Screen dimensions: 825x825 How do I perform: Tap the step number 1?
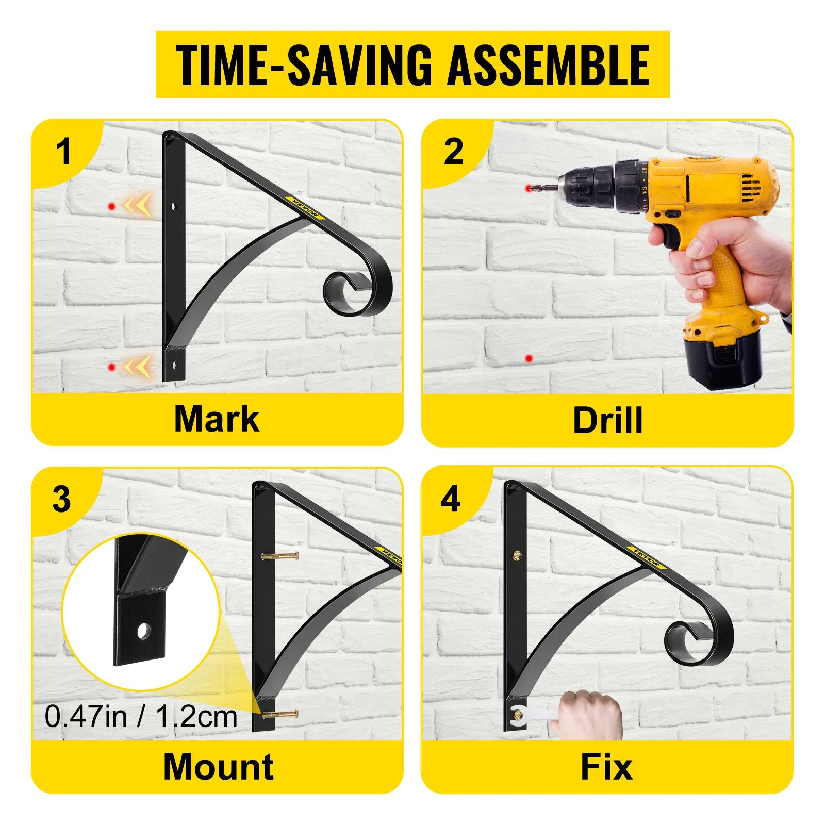point(63,152)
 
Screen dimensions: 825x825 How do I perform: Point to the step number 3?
point(62,499)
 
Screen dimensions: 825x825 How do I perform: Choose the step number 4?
point(451,499)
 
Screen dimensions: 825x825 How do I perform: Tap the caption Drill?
point(608,420)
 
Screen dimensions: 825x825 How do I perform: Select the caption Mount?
point(218,767)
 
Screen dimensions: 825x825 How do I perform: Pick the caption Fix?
point(606,767)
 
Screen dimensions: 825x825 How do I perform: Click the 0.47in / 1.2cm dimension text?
point(141,716)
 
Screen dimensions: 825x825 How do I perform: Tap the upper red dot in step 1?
point(112,206)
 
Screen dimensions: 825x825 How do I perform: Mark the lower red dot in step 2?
point(529,358)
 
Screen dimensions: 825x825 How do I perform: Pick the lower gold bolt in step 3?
point(280,715)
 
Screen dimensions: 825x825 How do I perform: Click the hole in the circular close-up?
point(143,631)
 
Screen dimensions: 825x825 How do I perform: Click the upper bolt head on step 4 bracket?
point(517,555)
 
